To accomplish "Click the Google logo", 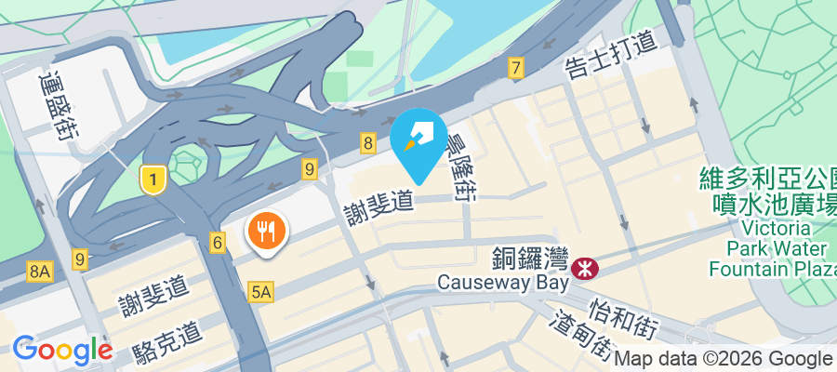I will click(61, 350).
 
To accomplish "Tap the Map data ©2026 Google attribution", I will click(724, 359).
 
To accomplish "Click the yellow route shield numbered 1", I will click(152, 179).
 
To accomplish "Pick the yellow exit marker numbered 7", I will click(515, 68).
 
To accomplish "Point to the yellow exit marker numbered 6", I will click(218, 244).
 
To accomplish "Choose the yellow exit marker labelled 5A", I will click(261, 293).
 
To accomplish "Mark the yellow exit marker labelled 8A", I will click(39, 272).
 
